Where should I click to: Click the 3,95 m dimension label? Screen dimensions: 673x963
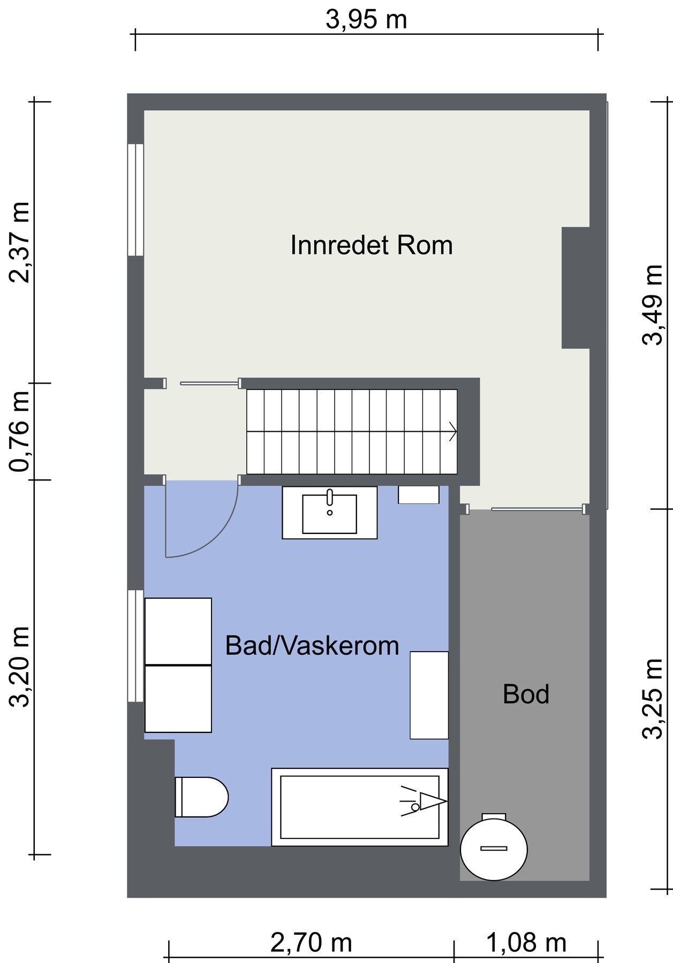pos(366,20)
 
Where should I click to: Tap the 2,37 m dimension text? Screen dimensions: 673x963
pos(20,242)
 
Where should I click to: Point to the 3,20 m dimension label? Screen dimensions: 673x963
pos(20,667)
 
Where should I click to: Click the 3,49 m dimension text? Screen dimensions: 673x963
pos(653,305)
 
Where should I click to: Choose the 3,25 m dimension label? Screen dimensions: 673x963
pos(653,699)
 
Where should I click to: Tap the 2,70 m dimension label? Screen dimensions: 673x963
pos(311,943)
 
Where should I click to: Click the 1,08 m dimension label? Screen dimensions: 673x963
pos(526,943)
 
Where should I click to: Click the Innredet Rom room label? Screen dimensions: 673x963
pos(372,245)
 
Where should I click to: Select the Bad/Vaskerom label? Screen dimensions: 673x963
pos(312,646)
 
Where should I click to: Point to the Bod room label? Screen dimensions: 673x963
pos(526,694)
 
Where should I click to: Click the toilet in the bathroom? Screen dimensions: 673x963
pos(202,797)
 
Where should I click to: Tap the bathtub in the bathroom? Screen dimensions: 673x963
pos(360,807)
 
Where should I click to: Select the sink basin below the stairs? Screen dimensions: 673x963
pos(330,513)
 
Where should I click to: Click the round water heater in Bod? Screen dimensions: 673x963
pos(494,849)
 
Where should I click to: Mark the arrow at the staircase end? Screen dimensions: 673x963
pos(453,431)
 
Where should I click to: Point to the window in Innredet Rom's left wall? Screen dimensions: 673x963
pos(135,200)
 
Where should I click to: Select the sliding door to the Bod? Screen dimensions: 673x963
pos(538,509)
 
